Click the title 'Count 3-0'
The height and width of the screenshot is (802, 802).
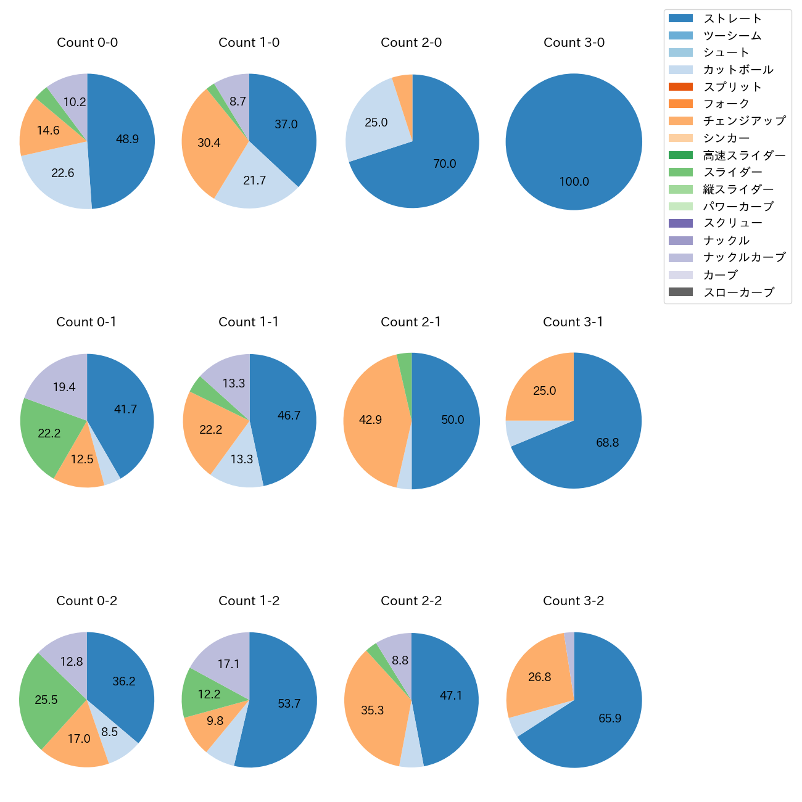click(x=574, y=43)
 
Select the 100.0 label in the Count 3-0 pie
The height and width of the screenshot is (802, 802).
click(x=574, y=182)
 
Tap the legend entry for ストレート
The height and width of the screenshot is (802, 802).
click(x=732, y=19)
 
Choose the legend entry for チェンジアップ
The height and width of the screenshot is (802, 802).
click(x=744, y=121)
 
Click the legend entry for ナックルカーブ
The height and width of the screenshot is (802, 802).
click(x=744, y=258)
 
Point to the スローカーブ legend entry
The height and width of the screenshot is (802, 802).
click(x=738, y=292)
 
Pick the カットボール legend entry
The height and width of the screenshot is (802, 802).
click(x=738, y=70)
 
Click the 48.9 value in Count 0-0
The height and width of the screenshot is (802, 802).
click(x=127, y=139)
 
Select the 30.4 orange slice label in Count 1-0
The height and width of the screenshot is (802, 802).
click(x=209, y=143)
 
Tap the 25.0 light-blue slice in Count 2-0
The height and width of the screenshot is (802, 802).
click(x=376, y=123)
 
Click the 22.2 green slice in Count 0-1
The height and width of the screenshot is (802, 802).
click(x=49, y=434)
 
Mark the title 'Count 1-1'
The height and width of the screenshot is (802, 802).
click(x=249, y=322)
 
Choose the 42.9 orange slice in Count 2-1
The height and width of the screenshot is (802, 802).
click(x=370, y=420)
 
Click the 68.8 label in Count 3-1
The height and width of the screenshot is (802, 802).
click(x=607, y=443)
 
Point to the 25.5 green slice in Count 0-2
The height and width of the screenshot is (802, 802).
click(x=46, y=700)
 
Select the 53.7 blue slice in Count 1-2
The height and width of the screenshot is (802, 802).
click(x=289, y=704)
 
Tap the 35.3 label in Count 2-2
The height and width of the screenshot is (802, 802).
click(x=372, y=711)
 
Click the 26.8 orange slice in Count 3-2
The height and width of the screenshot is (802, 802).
click(x=539, y=677)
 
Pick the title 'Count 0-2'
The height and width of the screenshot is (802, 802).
click(x=87, y=601)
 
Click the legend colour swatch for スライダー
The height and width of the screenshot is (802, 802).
click(x=680, y=172)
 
